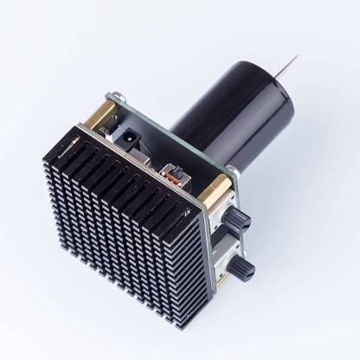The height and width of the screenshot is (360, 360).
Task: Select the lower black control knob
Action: (246, 271)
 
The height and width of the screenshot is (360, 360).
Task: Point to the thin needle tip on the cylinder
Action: (295, 60)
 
